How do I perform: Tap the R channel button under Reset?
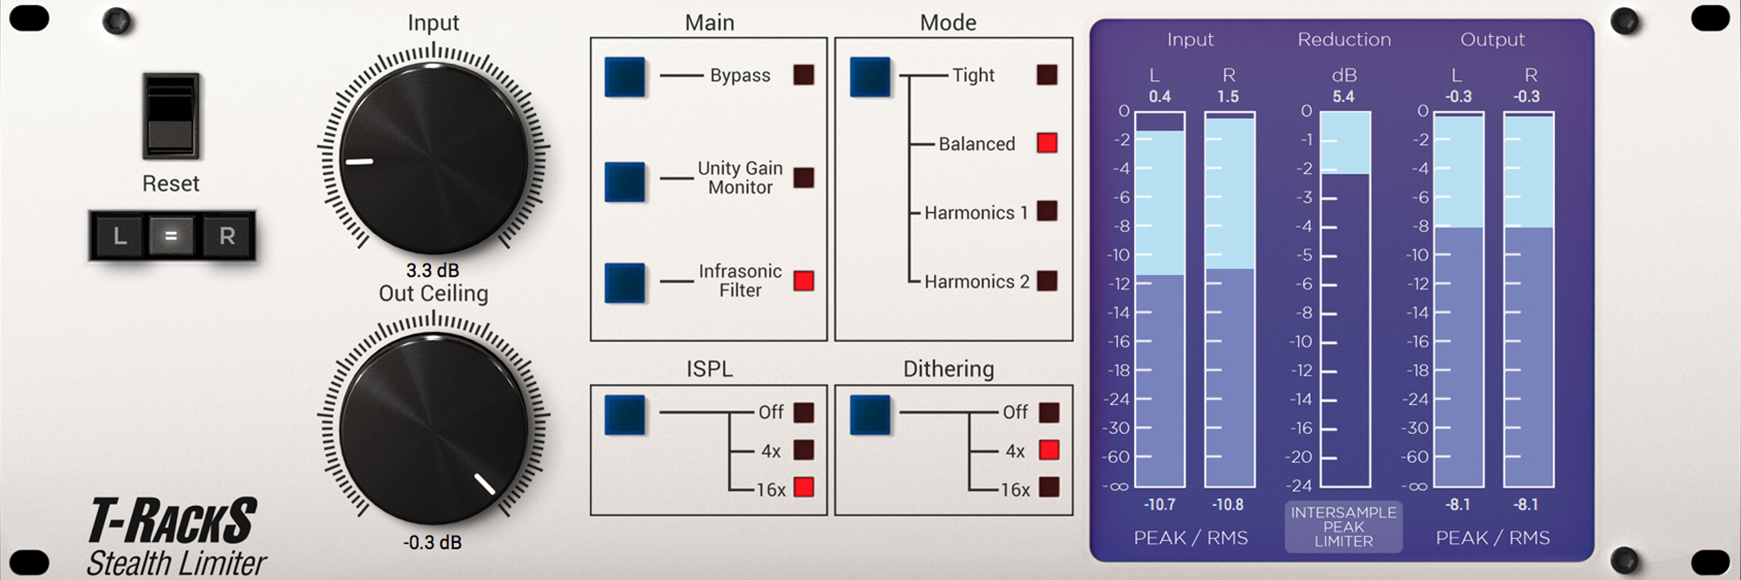click(227, 235)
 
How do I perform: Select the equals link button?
click(171, 235)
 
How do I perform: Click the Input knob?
click(434, 159)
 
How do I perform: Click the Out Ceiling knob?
click(434, 428)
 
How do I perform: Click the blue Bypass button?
click(624, 77)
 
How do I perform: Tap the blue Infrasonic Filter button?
click(624, 282)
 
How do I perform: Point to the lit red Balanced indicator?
click(1047, 143)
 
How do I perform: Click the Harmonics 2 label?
click(977, 281)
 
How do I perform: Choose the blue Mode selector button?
click(870, 77)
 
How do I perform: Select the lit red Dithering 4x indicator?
click(1048, 449)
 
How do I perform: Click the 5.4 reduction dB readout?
click(1343, 96)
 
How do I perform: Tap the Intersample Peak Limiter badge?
click(1343, 527)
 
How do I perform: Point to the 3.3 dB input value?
click(432, 271)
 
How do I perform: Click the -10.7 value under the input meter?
click(1160, 505)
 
